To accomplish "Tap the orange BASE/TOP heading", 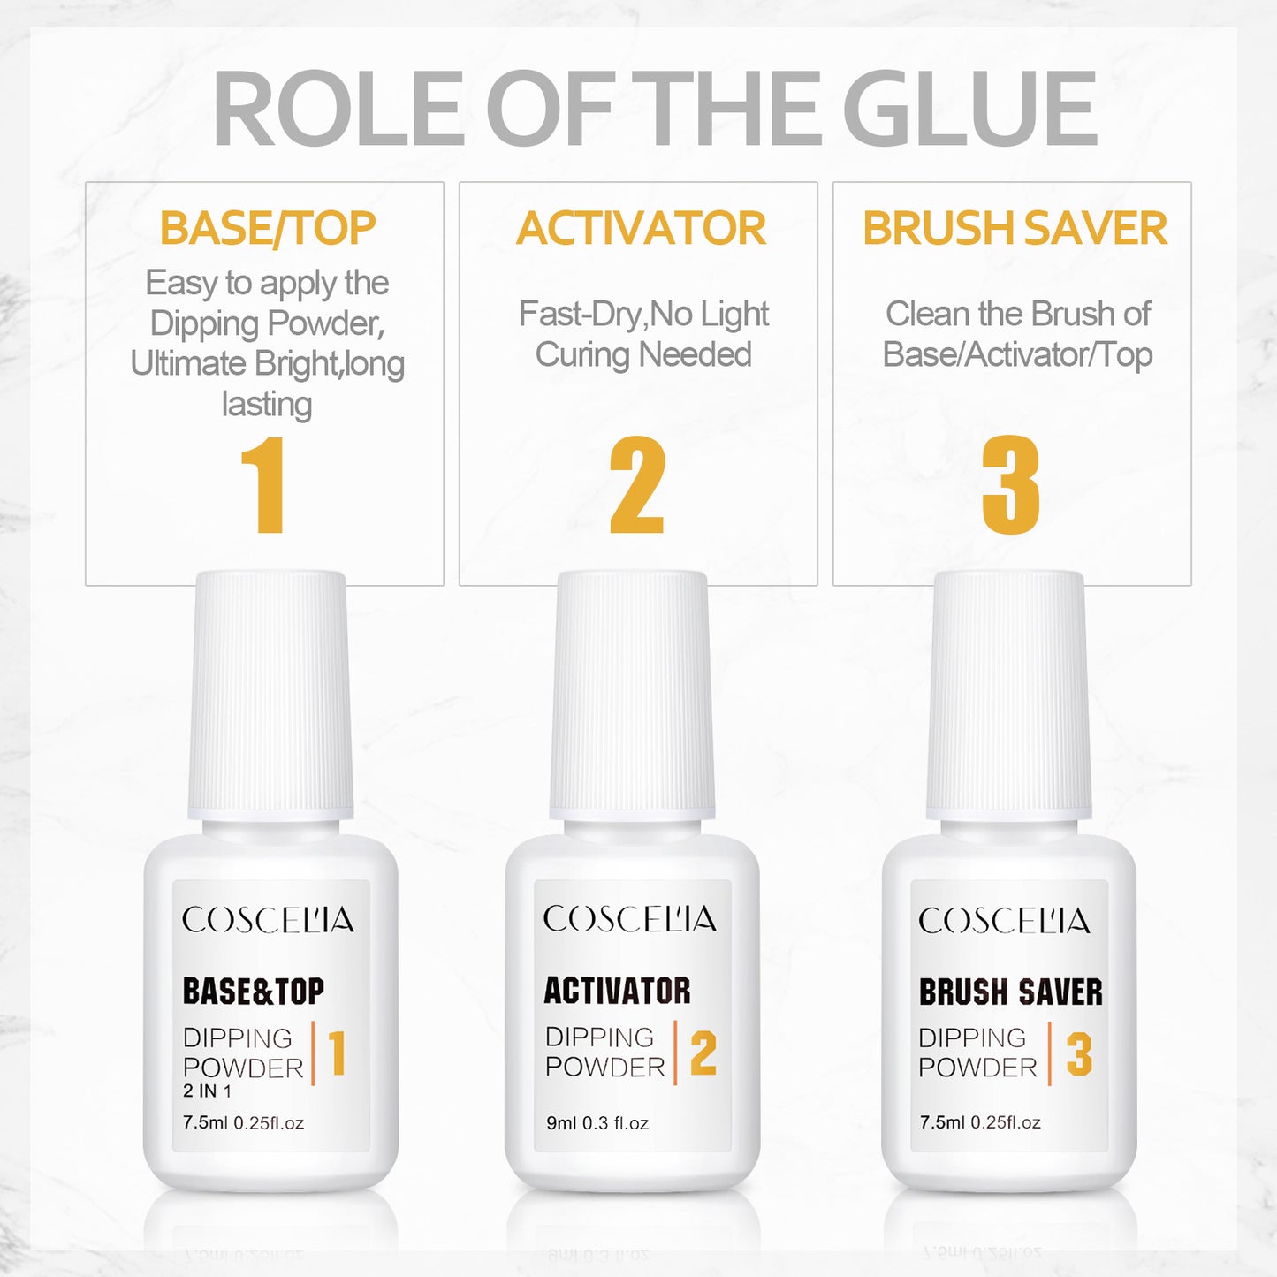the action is (x=268, y=229).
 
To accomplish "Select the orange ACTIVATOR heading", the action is (x=641, y=229).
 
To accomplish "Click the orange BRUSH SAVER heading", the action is (x=1015, y=229).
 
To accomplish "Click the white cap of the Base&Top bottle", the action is (x=270, y=696).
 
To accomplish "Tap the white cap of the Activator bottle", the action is (x=632, y=696).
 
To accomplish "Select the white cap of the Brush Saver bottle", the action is (x=1008, y=696).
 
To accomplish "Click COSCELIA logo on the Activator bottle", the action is (x=629, y=918).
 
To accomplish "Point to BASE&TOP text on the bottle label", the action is (x=253, y=991).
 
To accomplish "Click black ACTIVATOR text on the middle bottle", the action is (x=617, y=990).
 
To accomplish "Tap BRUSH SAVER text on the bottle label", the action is (x=1011, y=992).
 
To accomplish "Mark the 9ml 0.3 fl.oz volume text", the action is (x=597, y=1122).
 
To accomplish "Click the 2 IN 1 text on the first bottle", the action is (x=207, y=1091).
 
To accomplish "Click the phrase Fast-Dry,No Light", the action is (x=643, y=314).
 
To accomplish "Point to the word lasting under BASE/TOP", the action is (x=267, y=404).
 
